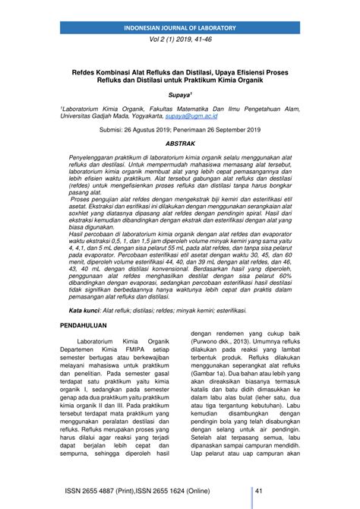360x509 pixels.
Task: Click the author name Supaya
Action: (x=180, y=98)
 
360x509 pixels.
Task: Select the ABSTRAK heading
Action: (x=180, y=143)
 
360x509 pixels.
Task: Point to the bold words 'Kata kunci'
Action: (x=84, y=311)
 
